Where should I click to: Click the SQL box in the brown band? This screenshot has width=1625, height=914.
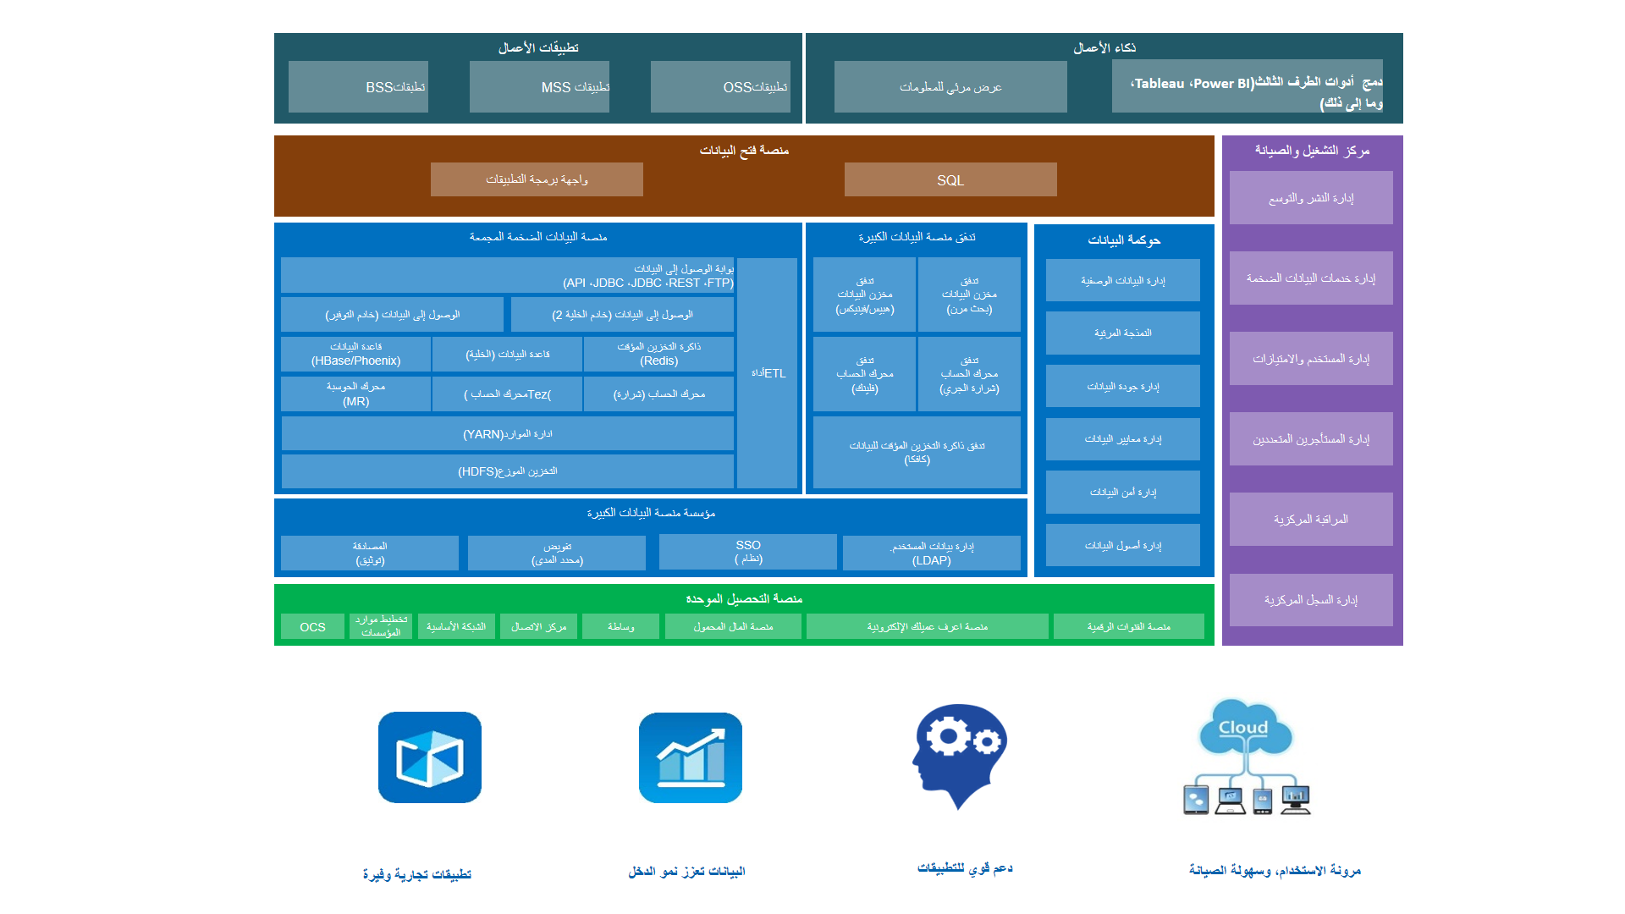pyautogui.click(x=950, y=179)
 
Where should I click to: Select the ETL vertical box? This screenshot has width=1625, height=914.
pyautogui.click(x=767, y=373)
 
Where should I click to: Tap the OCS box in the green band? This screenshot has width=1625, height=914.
pyautogui.click(x=312, y=626)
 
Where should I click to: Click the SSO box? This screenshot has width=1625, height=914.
pyautogui.click(x=747, y=552)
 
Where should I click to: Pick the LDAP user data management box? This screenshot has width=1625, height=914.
pyautogui.click(x=931, y=553)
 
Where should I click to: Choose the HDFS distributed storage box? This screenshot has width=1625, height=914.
pyautogui.click(x=507, y=471)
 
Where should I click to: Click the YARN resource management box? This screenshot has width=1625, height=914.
pyautogui.click(x=507, y=433)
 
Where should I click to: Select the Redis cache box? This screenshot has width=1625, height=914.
pyautogui.click(x=658, y=354)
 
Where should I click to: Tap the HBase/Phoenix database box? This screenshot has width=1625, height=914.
pyautogui.click(x=355, y=354)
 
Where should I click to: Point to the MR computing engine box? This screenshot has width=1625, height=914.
pyautogui.click(x=355, y=394)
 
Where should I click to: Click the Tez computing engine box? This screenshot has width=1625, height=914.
pyautogui.click(x=507, y=394)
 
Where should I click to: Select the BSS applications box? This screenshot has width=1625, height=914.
pyautogui.click(x=358, y=86)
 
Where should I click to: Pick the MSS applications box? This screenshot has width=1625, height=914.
pyautogui.click(x=539, y=86)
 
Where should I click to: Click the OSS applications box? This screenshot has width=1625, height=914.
pyautogui.click(x=720, y=86)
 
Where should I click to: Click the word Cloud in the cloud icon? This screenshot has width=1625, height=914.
pyautogui.click(x=1242, y=728)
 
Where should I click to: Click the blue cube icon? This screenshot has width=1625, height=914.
pyautogui.click(x=430, y=757)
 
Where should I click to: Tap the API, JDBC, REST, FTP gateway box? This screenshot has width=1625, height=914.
pyautogui.click(x=507, y=276)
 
